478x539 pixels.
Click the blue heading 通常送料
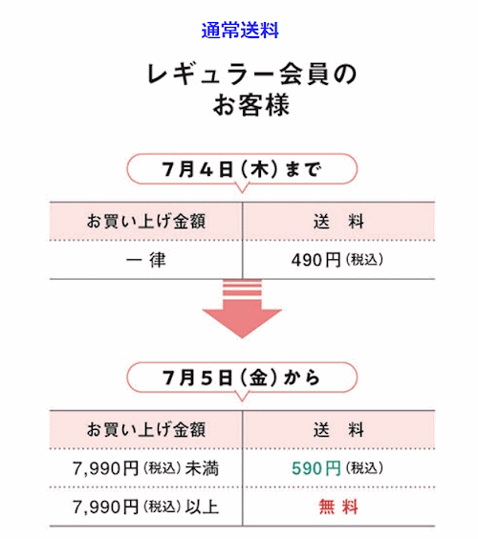tap(240, 31)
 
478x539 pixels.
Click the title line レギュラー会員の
tap(252, 75)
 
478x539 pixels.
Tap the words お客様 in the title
tap(251, 105)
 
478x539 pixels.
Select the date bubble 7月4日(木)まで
tap(242, 169)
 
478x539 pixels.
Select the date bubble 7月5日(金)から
tap(242, 377)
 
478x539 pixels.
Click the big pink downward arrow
tap(242, 309)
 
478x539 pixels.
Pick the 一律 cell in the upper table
tap(146, 260)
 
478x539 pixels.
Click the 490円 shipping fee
tap(316, 260)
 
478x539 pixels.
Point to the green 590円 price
tap(316, 468)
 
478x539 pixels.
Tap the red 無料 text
tap(338, 507)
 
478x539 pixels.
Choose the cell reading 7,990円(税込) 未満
tap(145, 468)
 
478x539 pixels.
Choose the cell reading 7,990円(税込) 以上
tap(145, 507)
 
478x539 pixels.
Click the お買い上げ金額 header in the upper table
tap(146, 221)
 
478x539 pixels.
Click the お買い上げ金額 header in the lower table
tap(146, 430)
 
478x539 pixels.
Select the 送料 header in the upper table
tap(338, 221)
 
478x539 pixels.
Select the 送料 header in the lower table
tap(338, 430)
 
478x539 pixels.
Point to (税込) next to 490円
tap(364, 260)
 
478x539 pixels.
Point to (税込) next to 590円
tap(364, 468)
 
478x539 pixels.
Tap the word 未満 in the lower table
tap(202, 468)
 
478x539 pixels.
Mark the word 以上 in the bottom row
tap(202, 507)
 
